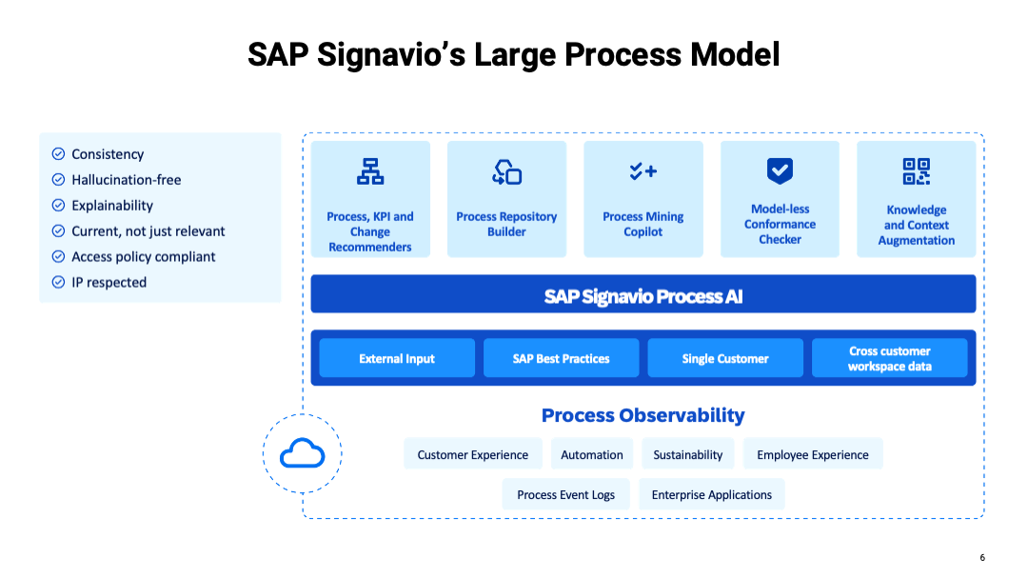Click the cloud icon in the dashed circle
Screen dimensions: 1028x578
click(x=303, y=453)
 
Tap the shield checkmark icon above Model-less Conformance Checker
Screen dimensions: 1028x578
click(x=780, y=171)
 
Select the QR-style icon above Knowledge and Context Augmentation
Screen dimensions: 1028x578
click(x=916, y=171)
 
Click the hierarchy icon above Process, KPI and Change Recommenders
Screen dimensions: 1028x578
click(x=370, y=171)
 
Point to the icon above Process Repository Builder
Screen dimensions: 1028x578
click(x=506, y=172)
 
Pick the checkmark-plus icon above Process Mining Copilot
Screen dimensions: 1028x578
click(x=643, y=171)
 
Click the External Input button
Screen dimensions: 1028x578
click(x=397, y=358)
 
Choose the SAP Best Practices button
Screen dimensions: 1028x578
click(x=562, y=358)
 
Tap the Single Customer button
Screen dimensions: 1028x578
click(x=725, y=358)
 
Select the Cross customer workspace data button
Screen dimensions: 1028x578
click(x=890, y=358)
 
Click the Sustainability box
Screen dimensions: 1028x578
click(x=688, y=454)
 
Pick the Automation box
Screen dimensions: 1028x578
click(x=592, y=454)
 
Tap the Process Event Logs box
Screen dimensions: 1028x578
click(x=565, y=494)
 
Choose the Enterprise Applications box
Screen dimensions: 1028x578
click(x=711, y=494)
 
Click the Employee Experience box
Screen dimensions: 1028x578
click(x=813, y=454)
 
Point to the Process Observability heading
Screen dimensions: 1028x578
click(x=643, y=415)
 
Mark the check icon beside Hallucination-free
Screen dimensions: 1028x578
click(x=58, y=179)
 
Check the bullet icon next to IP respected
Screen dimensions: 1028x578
click(x=58, y=282)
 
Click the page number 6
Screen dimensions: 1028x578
click(x=982, y=557)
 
